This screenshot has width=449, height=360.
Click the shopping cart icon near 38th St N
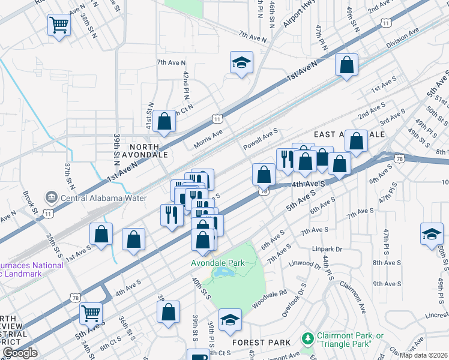tap(59, 25)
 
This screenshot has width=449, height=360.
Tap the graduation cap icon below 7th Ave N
tap(241, 62)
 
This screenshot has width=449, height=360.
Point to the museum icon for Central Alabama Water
tap(50, 197)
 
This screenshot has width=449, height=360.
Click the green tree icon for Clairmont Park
tap(308, 339)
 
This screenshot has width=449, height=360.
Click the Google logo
tap(19, 353)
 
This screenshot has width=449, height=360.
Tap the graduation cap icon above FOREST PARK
tap(229, 320)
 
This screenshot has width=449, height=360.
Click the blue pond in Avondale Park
tap(224, 274)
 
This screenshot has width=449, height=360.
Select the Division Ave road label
tap(402, 39)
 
